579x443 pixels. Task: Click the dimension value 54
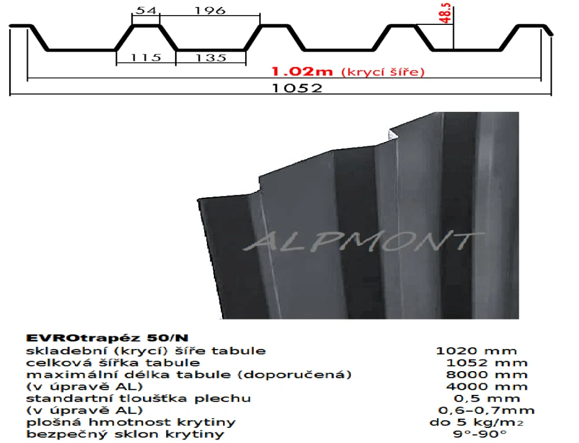[145, 10]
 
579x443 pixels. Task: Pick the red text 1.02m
[303, 72]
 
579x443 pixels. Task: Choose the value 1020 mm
[476, 350]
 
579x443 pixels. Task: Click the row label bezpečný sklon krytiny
[125, 434]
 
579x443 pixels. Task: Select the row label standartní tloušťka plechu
[139, 398]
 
